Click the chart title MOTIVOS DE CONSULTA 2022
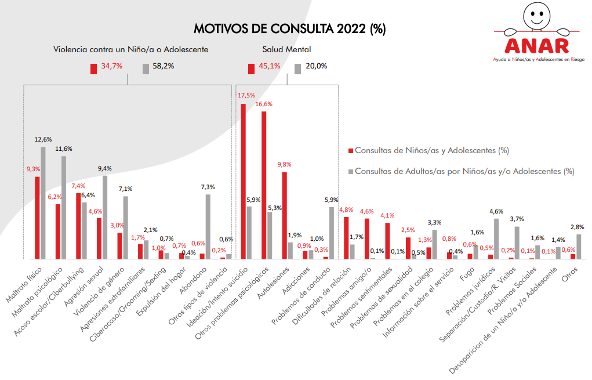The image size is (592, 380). [x=289, y=28]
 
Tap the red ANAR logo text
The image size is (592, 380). [x=537, y=45]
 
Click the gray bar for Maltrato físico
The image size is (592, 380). [x=43, y=202]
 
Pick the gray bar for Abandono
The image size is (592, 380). [x=208, y=226]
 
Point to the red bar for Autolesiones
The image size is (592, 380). [x=285, y=215]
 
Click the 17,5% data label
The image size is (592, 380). [x=246, y=95]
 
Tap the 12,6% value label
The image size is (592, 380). [x=43, y=139]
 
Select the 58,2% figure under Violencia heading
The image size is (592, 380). [x=164, y=66]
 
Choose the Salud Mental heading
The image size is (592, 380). [x=286, y=50]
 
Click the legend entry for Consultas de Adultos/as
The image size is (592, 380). [x=464, y=171]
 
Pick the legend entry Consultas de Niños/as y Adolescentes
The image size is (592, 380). [x=431, y=150]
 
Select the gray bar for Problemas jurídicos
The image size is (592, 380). [x=496, y=238]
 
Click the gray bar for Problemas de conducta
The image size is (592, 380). [x=332, y=233]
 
